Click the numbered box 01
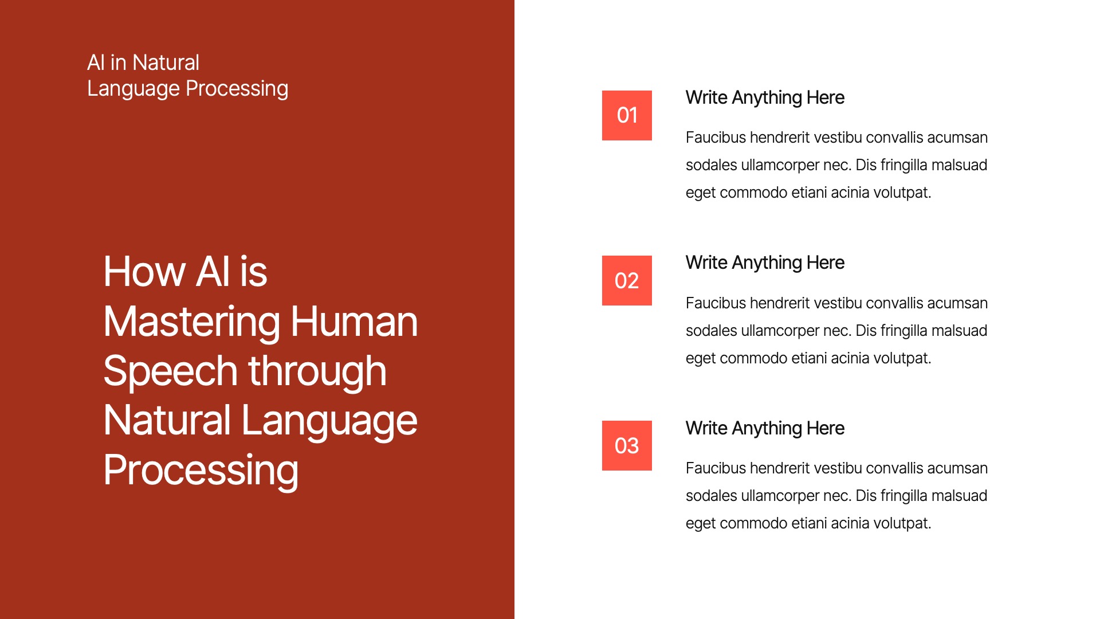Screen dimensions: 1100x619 pyautogui.click(x=627, y=115)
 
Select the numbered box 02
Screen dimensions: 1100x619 pyautogui.click(x=627, y=280)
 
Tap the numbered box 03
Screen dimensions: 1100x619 pyautogui.click(x=627, y=445)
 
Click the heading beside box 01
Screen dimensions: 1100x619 pyautogui.click(x=765, y=98)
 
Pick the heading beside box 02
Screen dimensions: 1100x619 pyautogui.click(x=765, y=263)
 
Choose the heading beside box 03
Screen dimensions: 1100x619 pyautogui.click(x=765, y=429)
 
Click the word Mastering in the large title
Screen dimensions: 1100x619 pyautogui.click(x=192, y=322)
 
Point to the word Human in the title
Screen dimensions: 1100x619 pyautogui.click(x=355, y=322)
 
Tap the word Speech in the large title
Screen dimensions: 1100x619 pyautogui.click(x=170, y=372)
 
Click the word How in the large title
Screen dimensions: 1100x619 pyautogui.click(x=145, y=272)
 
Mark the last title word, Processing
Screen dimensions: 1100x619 pyautogui.click(x=201, y=471)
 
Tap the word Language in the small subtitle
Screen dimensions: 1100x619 pyautogui.click(x=133, y=89)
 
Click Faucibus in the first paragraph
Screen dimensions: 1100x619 pyautogui.click(x=716, y=138)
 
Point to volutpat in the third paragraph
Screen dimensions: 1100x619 pyautogui.click(x=903, y=524)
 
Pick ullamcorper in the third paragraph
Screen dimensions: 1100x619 pyautogui.click(x=780, y=496)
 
